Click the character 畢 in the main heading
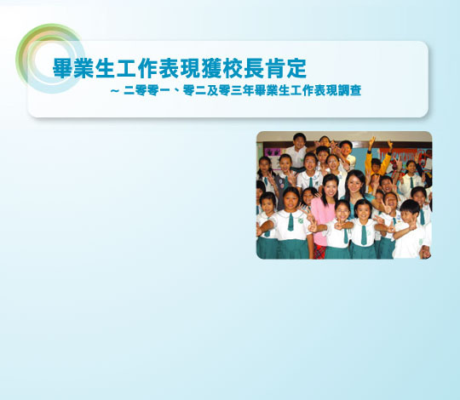(x=63, y=68)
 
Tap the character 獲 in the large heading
(x=211, y=68)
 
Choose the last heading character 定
(x=296, y=68)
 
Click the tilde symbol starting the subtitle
(x=115, y=91)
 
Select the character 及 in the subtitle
(x=212, y=90)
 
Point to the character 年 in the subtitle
(x=248, y=90)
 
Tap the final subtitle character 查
(x=355, y=90)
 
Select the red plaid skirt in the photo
(x=319, y=252)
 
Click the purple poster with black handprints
(x=273, y=152)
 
